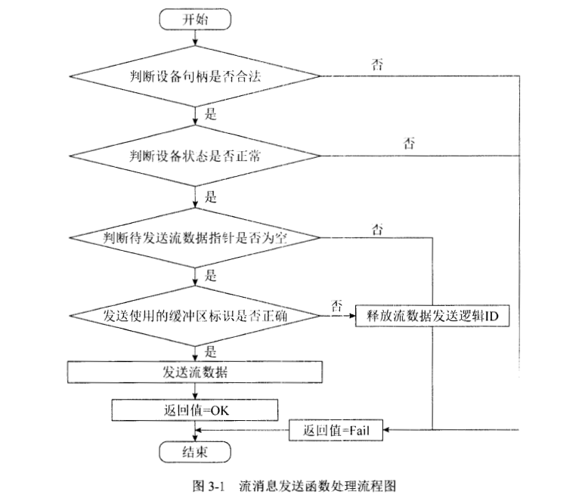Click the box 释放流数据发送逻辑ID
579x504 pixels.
431,317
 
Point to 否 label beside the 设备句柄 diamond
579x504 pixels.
376,63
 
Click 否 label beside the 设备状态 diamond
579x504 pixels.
409,143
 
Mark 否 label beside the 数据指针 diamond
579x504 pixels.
376,227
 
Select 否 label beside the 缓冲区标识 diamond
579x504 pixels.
337,306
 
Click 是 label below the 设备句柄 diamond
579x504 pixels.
211,116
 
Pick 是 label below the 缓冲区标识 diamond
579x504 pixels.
211,351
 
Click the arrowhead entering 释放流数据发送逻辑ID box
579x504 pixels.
351,317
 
